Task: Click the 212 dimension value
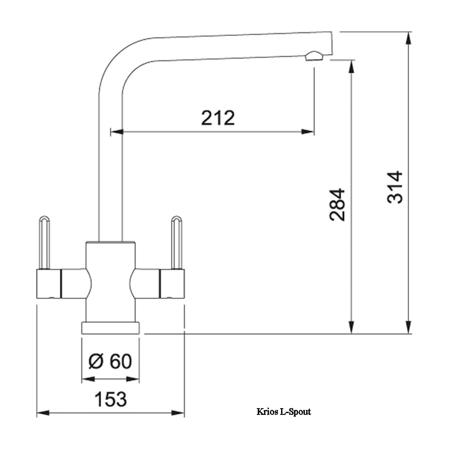coord(218,118)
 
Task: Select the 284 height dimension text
coord(338,204)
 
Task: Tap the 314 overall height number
coord(395,187)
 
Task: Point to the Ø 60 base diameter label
coord(110,361)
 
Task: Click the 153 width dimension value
coord(110,399)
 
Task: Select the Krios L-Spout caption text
coord(283,411)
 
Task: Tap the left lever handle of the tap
coord(44,242)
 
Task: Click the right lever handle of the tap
coord(177,242)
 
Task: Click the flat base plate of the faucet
coord(110,328)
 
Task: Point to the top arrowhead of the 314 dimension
coord(408,38)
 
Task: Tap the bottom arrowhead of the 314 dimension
coord(408,328)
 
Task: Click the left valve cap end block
coord(48,284)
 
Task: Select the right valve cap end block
coord(172,284)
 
